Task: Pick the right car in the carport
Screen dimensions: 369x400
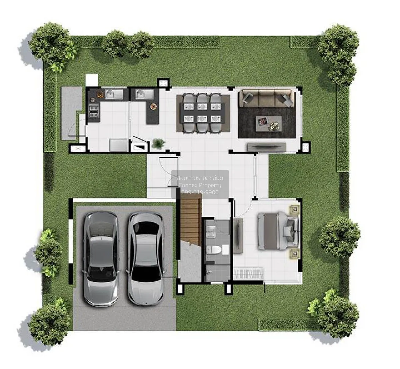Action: click(x=146, y=259)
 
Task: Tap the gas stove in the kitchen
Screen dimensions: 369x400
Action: click(x=94, y=111)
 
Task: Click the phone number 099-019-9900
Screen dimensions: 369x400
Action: click(x=200, y=192)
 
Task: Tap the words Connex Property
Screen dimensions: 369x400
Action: click(x=200, y=185)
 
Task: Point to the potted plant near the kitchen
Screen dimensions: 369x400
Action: click(x=158, y=144)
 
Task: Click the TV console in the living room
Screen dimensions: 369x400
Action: click(x=266, y=146)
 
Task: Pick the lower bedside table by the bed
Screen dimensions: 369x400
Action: click(x=294, y=254)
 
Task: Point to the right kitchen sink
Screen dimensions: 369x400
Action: click(x=144, y=94)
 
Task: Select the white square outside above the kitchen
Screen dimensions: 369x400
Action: click(x=92, y=80)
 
